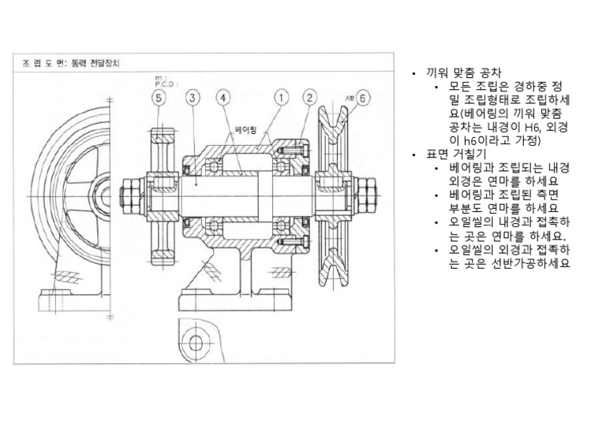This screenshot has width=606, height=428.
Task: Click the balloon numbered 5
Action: [160, 98]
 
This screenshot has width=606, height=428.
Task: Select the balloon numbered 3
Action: [193, 98]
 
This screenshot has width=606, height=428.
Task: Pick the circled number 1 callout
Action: [279, 98]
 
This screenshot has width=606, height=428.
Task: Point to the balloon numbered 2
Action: [310, 98]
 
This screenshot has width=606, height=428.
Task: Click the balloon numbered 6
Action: [364, 99]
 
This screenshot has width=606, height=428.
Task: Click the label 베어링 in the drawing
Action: [247, 128]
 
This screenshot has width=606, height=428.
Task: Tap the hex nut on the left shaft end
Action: [127, 190]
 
